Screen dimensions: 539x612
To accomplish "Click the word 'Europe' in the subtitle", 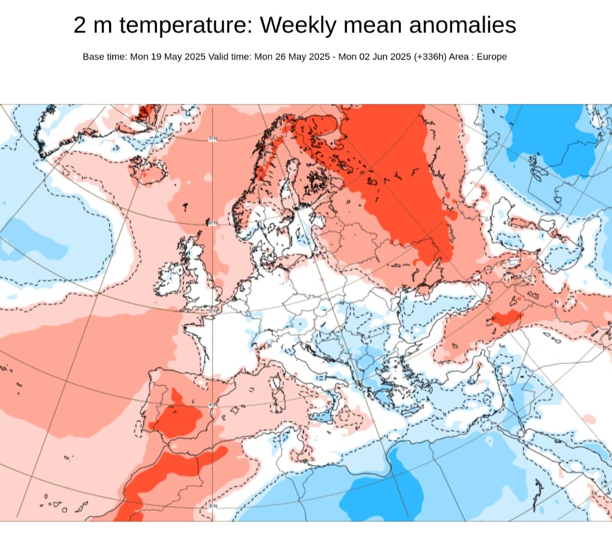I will coord(491,57).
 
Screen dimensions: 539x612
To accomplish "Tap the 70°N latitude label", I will coord(213,139).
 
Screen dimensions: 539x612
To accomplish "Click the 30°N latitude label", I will coord(212,506).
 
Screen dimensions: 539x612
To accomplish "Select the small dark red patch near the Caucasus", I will coord(505,319).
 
